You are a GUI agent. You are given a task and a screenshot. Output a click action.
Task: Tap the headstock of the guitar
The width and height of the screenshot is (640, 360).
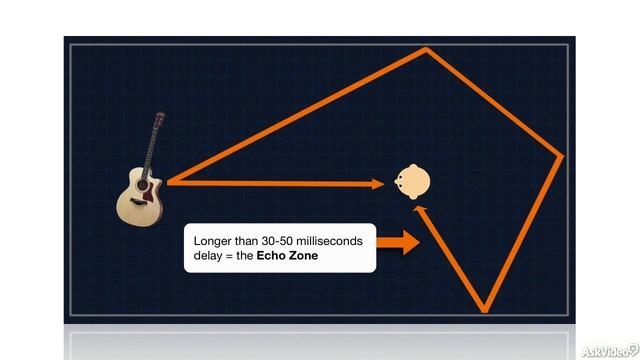point(157,121)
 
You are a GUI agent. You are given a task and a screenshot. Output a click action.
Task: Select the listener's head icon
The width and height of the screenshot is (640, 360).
point(412,182)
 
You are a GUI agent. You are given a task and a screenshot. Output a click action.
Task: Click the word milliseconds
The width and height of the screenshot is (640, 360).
point(339,242)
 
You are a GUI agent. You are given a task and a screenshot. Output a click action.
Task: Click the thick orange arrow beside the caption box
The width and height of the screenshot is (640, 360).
point(400,242)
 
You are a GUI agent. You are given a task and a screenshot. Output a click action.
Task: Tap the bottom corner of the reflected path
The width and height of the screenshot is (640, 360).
point(486,308)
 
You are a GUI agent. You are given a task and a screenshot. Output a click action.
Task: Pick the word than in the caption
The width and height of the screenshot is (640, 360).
point(254,242)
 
